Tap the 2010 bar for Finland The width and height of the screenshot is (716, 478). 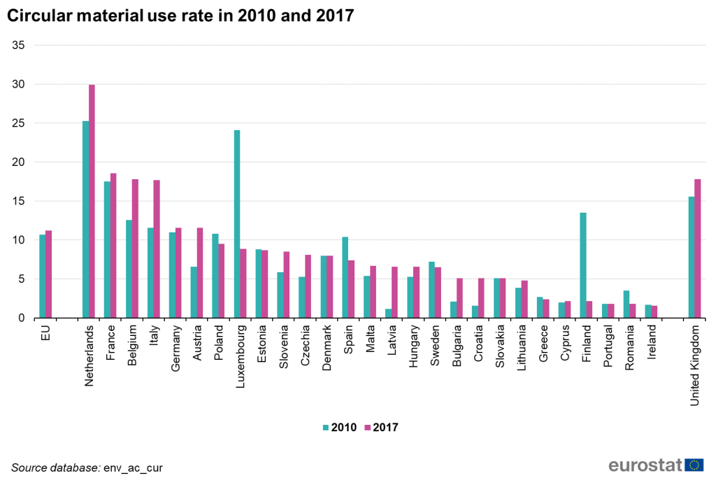583,265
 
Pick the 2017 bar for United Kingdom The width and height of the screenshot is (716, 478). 698,248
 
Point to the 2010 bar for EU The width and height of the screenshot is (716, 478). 43,276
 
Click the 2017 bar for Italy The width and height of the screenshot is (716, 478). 157,249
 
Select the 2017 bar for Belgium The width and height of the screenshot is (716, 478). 136,248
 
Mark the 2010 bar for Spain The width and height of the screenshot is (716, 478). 345,277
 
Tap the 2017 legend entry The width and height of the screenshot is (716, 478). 382,426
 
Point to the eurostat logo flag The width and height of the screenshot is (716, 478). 694,465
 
